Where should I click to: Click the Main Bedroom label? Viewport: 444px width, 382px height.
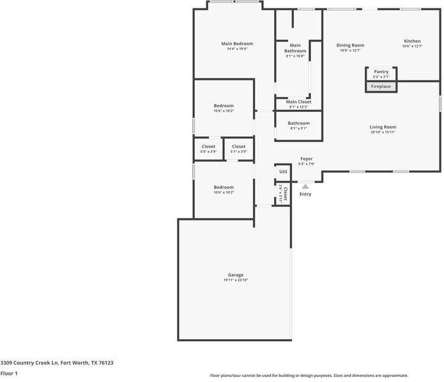[x=236, y=43]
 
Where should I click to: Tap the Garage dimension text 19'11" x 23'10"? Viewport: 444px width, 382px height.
[x=236, y=280]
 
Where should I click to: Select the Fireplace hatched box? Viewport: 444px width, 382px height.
[x=381, y=86]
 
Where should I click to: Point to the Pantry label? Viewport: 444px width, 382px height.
[x=381, y=72]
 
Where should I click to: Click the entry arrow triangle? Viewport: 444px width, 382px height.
[x=305, y=187]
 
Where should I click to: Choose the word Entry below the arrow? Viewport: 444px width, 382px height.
[x=305, y=194]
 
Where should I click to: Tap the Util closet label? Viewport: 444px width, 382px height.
[x=283, y=172]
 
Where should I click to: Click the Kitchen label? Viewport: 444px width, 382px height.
[x=412, y=41]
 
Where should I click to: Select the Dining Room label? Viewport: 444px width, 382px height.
[x=350, y=45]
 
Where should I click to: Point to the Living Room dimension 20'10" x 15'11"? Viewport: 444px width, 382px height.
[x=383, y=132]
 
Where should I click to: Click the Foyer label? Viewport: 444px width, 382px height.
[x=307, y=158]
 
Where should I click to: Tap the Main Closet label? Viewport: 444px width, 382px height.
[x=298, y=102]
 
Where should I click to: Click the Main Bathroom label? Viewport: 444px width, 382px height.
[x=295, y=48]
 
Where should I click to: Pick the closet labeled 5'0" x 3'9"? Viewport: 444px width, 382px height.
[x=208, y=149]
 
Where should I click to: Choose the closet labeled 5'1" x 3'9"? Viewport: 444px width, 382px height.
[x=238, y=149]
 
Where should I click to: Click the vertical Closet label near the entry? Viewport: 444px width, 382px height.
[x=284, y=194]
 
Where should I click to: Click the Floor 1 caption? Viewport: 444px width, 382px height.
[x=9, y=373]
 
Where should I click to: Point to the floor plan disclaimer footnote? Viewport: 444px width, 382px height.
[x=309, y=376]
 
